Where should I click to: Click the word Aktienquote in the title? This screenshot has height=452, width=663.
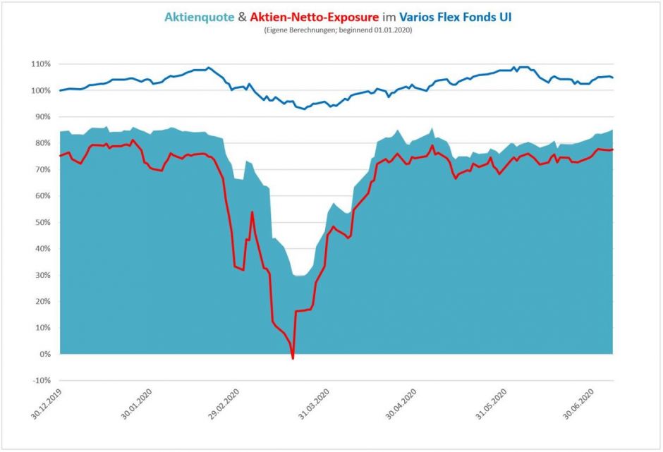pyautogui.click(x=198, y=17)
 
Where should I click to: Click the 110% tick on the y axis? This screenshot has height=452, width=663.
pyautogui.click(x=41, y=64)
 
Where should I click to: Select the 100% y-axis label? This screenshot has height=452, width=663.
pyautogui.click(x=41, y=90)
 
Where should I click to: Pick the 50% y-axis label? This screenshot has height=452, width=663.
pyautogui.click(x=42, y=222)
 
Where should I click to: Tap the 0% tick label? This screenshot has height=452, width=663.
pyautogui.click(x=44, y=354)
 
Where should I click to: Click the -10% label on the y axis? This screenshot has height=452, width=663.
pyautogui.click(x=41, y=381)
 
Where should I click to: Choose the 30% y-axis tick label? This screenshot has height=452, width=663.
pyautogui.click(x=42, y=275)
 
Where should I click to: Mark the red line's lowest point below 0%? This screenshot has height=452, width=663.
pyautogui.click(x=293, y=358)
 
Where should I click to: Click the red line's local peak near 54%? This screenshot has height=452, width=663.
pyautogui.click(x=252, y=212)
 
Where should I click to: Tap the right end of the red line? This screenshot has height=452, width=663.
pyautogui.click(x=612, y=149)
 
